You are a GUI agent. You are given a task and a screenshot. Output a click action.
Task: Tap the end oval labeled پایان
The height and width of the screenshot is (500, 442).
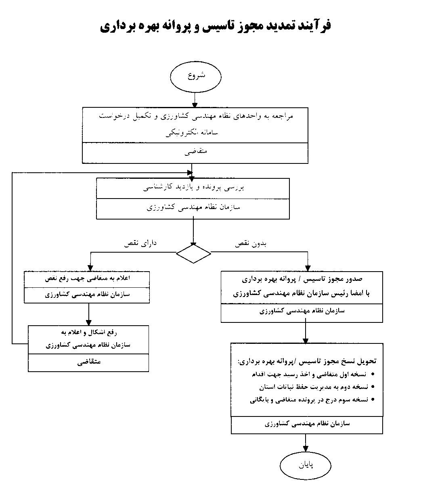tap(306, 465)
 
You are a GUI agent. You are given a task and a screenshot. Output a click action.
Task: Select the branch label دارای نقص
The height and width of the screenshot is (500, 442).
tap(140, 243)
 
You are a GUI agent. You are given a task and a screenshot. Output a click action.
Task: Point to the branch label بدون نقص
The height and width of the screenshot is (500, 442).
tap(251, 244)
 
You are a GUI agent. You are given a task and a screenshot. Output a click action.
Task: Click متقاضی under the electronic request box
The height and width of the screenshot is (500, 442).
tap(196, 153)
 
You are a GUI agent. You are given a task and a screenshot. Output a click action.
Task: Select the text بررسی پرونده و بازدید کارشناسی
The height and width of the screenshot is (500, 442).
tap(194, 187)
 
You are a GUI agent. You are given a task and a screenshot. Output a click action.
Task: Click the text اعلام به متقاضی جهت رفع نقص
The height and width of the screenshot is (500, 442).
tap(87, 278)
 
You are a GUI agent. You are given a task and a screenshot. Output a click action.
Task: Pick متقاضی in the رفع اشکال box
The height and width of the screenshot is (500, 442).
tap(89, 362)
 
